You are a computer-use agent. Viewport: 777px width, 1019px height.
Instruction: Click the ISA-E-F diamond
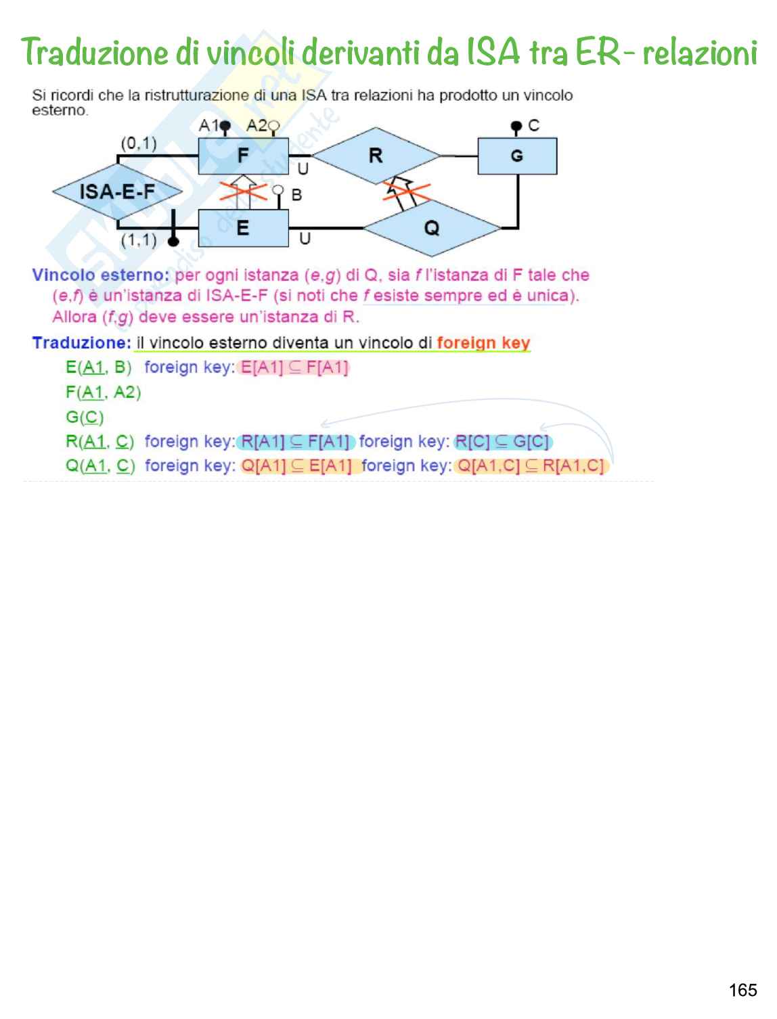coord(117,192)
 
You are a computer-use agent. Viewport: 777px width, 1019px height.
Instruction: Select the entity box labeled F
coord(243,156)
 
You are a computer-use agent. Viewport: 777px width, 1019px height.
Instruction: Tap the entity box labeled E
coord(243,229)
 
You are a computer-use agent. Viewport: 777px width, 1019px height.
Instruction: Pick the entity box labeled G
coord(517,156)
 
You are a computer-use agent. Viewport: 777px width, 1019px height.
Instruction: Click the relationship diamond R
coord(376,156)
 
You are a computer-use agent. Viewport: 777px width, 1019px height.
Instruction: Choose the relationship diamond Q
coord(432,228)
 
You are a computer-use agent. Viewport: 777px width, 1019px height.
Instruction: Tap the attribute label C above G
coord(533,126)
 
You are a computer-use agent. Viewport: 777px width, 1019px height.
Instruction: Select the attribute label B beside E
coord(296,195)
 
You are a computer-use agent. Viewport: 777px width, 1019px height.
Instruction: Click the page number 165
coord(742,991)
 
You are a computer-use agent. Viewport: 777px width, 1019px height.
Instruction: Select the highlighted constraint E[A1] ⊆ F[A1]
coord(294,367)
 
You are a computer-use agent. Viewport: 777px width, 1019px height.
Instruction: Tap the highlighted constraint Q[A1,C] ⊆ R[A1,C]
coord(531,466)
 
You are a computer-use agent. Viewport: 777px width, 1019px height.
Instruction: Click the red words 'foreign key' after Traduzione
coord(483,343)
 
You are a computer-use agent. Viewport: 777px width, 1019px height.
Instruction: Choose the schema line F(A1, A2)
coord(103,392)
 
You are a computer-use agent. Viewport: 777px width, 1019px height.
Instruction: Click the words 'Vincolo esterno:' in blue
coord(100,275)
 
